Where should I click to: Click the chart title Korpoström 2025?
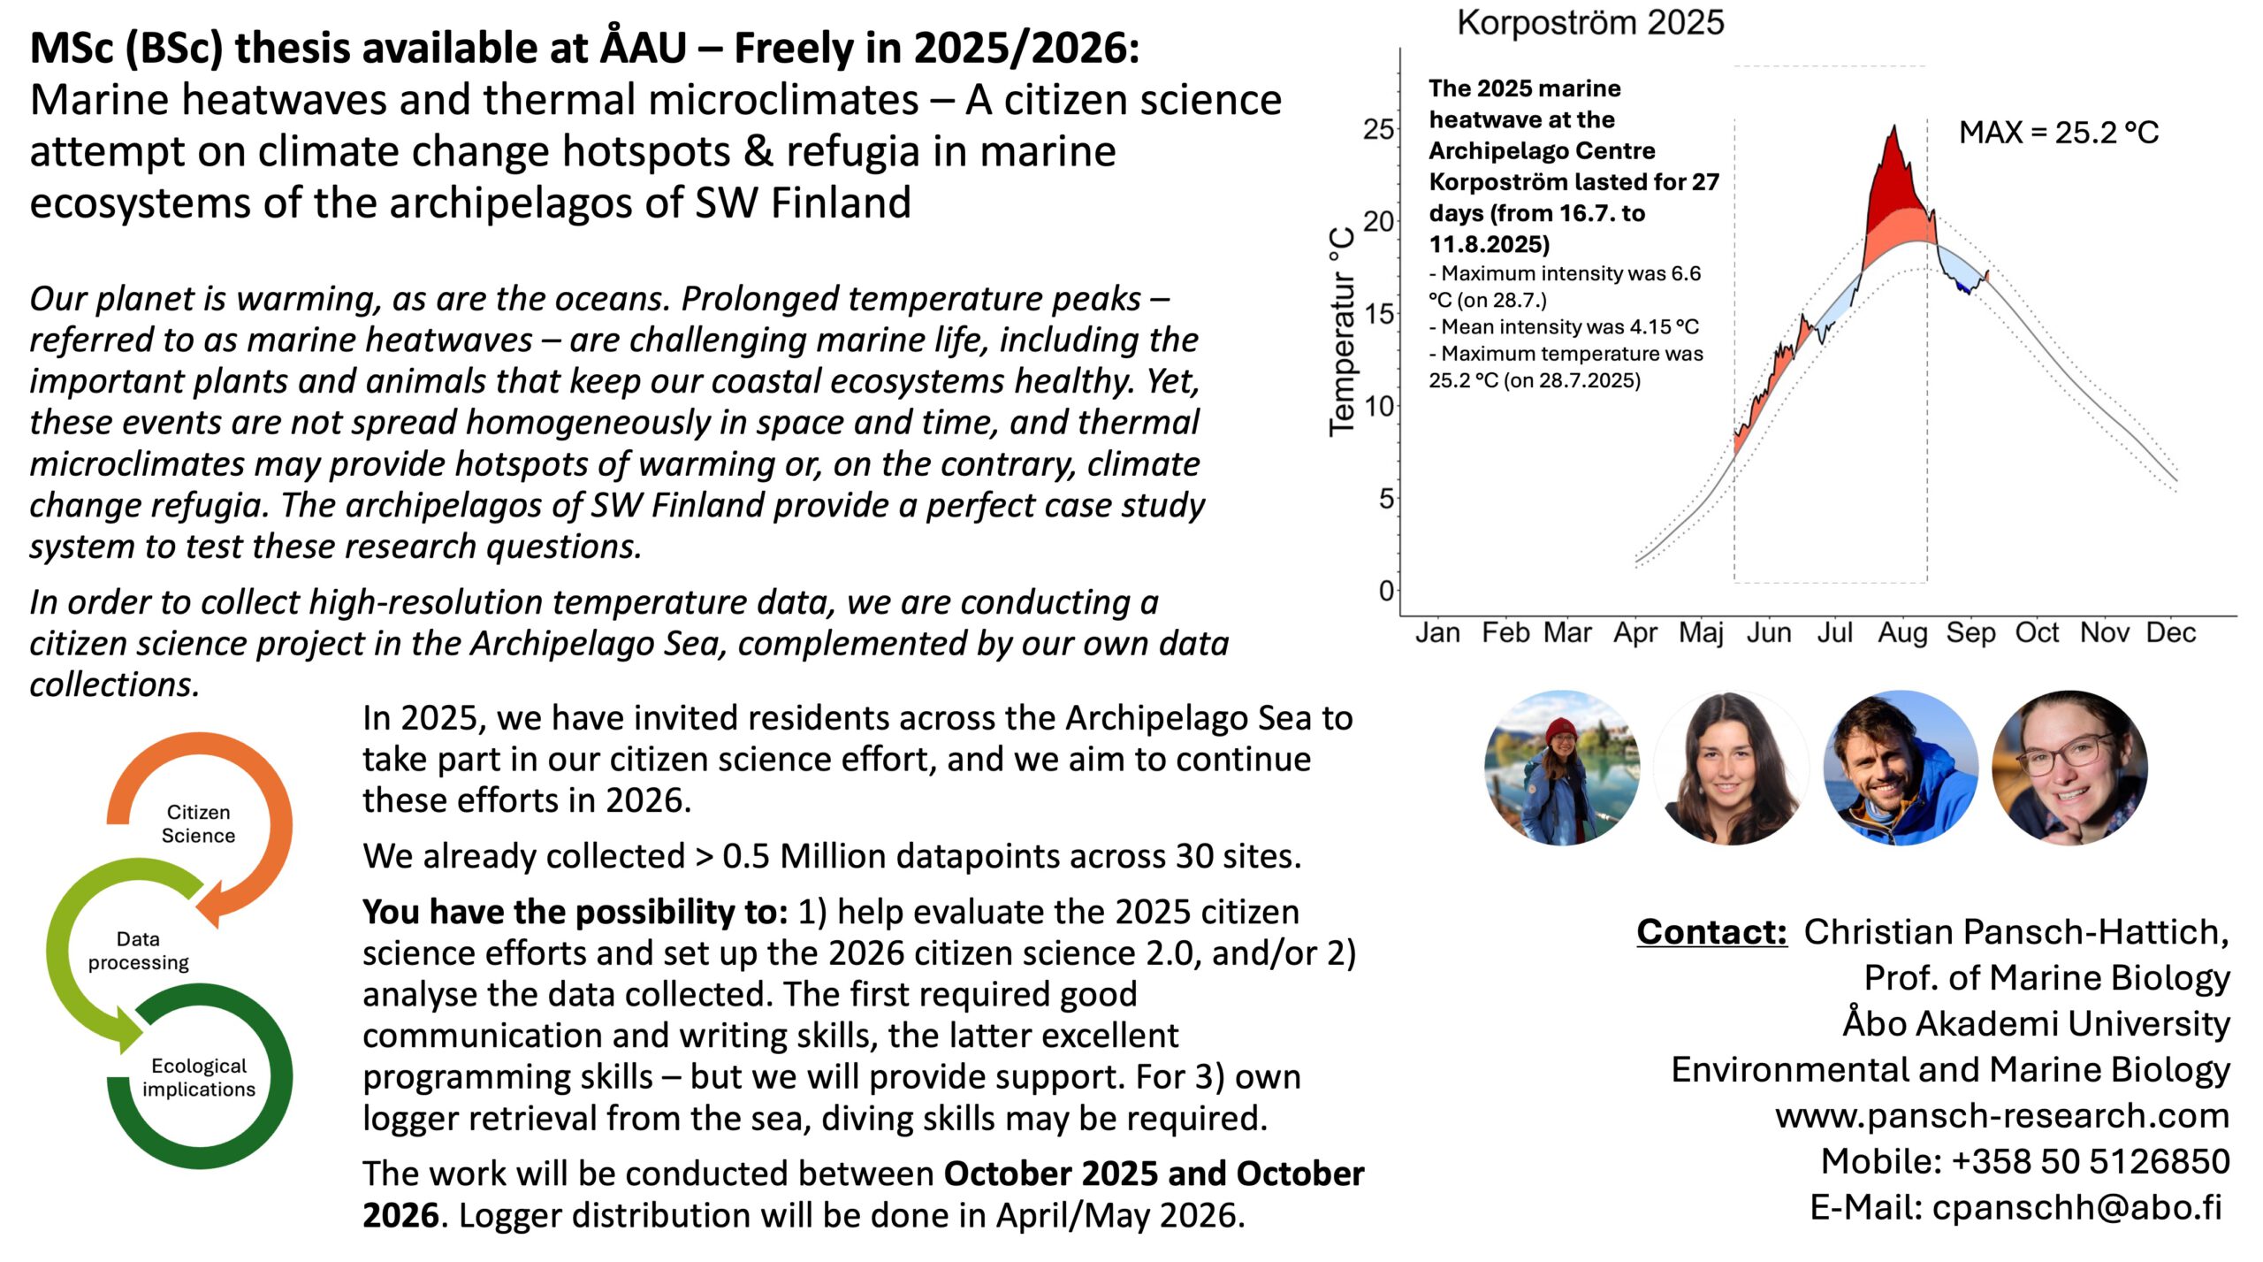pos(1589,23)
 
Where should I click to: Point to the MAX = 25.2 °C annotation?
pos(2058,133)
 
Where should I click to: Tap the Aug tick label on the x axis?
pos(1902,633)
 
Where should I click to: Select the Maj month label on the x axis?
pos(1701,633)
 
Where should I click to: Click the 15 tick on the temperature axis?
pos(1378,314)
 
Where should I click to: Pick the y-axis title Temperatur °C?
pos(1342,332)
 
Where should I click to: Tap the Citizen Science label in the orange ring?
pos(198,823)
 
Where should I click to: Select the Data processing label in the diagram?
pos(138,951)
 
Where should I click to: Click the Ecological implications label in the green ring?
pos(198,1077)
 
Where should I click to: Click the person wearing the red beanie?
pos(1561,768)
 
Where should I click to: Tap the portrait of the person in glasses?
pos(2069,768)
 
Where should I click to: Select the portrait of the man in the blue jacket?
pos(1901,768)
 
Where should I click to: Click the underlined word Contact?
pos(1711,932)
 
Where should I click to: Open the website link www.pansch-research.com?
pos(2001,1116)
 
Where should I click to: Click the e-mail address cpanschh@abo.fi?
pos(2076,1208)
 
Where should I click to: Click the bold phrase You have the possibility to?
pos(575,912)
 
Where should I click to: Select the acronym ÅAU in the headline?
pos(644,48)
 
